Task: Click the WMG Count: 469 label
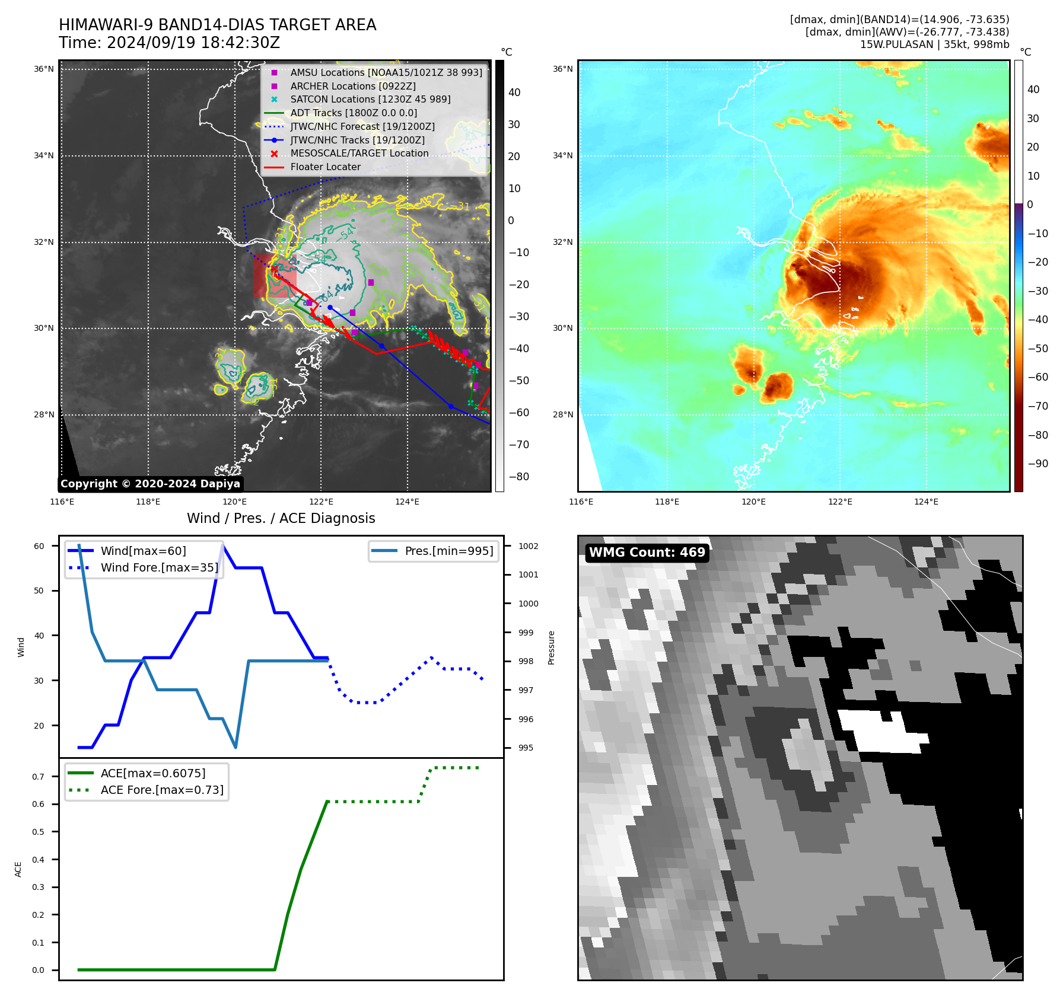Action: pyautogui.click(x=647, y=553)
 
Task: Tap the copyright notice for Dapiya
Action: pyautogui.click(x=150, y=484)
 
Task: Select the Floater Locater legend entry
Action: pyautogui.click(x=325, y=167)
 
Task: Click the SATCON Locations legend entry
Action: pyautogui.click(x=370, y=100)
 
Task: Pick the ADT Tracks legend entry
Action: pyautogui.click(x=354, y=113)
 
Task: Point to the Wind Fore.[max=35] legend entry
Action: pyautogui.click(x=159, y=567)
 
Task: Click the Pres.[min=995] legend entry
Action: pyautogui.click(x=448, y=551)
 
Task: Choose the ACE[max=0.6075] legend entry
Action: pyautogui.click(x=153, y=773)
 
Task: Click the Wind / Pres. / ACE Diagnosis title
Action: pyautogui.click(x=281, y=518)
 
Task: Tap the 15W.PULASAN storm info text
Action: pyautogui.click(x=934, y=44)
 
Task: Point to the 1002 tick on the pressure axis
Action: pyautogui.click(x=528, y=546)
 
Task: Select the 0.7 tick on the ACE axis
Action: pyautogui.click(x=38, y=777)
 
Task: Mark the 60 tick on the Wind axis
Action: pyautogui.click(x=39, y=546)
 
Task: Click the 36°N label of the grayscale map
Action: pyautogui.click(x=43, y=69)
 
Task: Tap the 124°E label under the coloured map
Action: pyautogui.click(x=926, y=502)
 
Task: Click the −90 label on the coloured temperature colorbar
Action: pyautogui.click(x=1037, y=464)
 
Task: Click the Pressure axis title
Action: pyautogui.click(x=552, y=647)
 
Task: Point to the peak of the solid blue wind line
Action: pyautogui.click(x=222, y=545)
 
